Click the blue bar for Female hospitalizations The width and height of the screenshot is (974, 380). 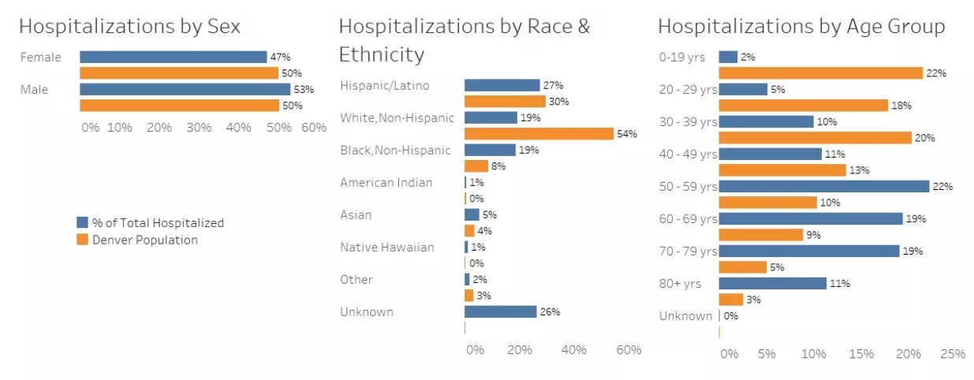click(173, 57)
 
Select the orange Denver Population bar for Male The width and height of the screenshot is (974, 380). click(179, 106)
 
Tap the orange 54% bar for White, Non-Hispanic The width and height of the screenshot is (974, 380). click(539, 134)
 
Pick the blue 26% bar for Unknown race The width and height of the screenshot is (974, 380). click(501, 311)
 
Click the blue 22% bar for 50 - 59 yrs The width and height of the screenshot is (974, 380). click(824, 187)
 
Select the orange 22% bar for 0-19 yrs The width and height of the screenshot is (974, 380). click(821, 73)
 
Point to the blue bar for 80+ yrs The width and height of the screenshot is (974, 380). click(773, 283)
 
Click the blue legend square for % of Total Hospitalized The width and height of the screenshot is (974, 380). click(82, 223)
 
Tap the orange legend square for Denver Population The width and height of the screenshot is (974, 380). click(82, 240)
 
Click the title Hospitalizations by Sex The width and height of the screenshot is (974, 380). click(129, 26)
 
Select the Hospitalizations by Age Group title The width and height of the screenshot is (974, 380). click(801, 26)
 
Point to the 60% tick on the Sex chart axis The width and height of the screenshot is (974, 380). click(314, 128)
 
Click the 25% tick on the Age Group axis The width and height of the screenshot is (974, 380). click(953, 354)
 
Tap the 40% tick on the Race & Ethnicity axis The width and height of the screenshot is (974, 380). click(573, 350)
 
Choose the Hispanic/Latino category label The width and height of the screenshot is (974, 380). click(385, 85)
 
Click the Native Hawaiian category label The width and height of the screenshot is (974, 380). click(386, 248)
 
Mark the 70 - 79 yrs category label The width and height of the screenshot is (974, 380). click(688, 251)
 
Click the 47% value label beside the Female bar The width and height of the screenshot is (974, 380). click(281, 57)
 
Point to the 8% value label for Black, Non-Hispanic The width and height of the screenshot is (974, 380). click(498, 166)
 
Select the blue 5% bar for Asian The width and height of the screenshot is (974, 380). click(472, 214)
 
